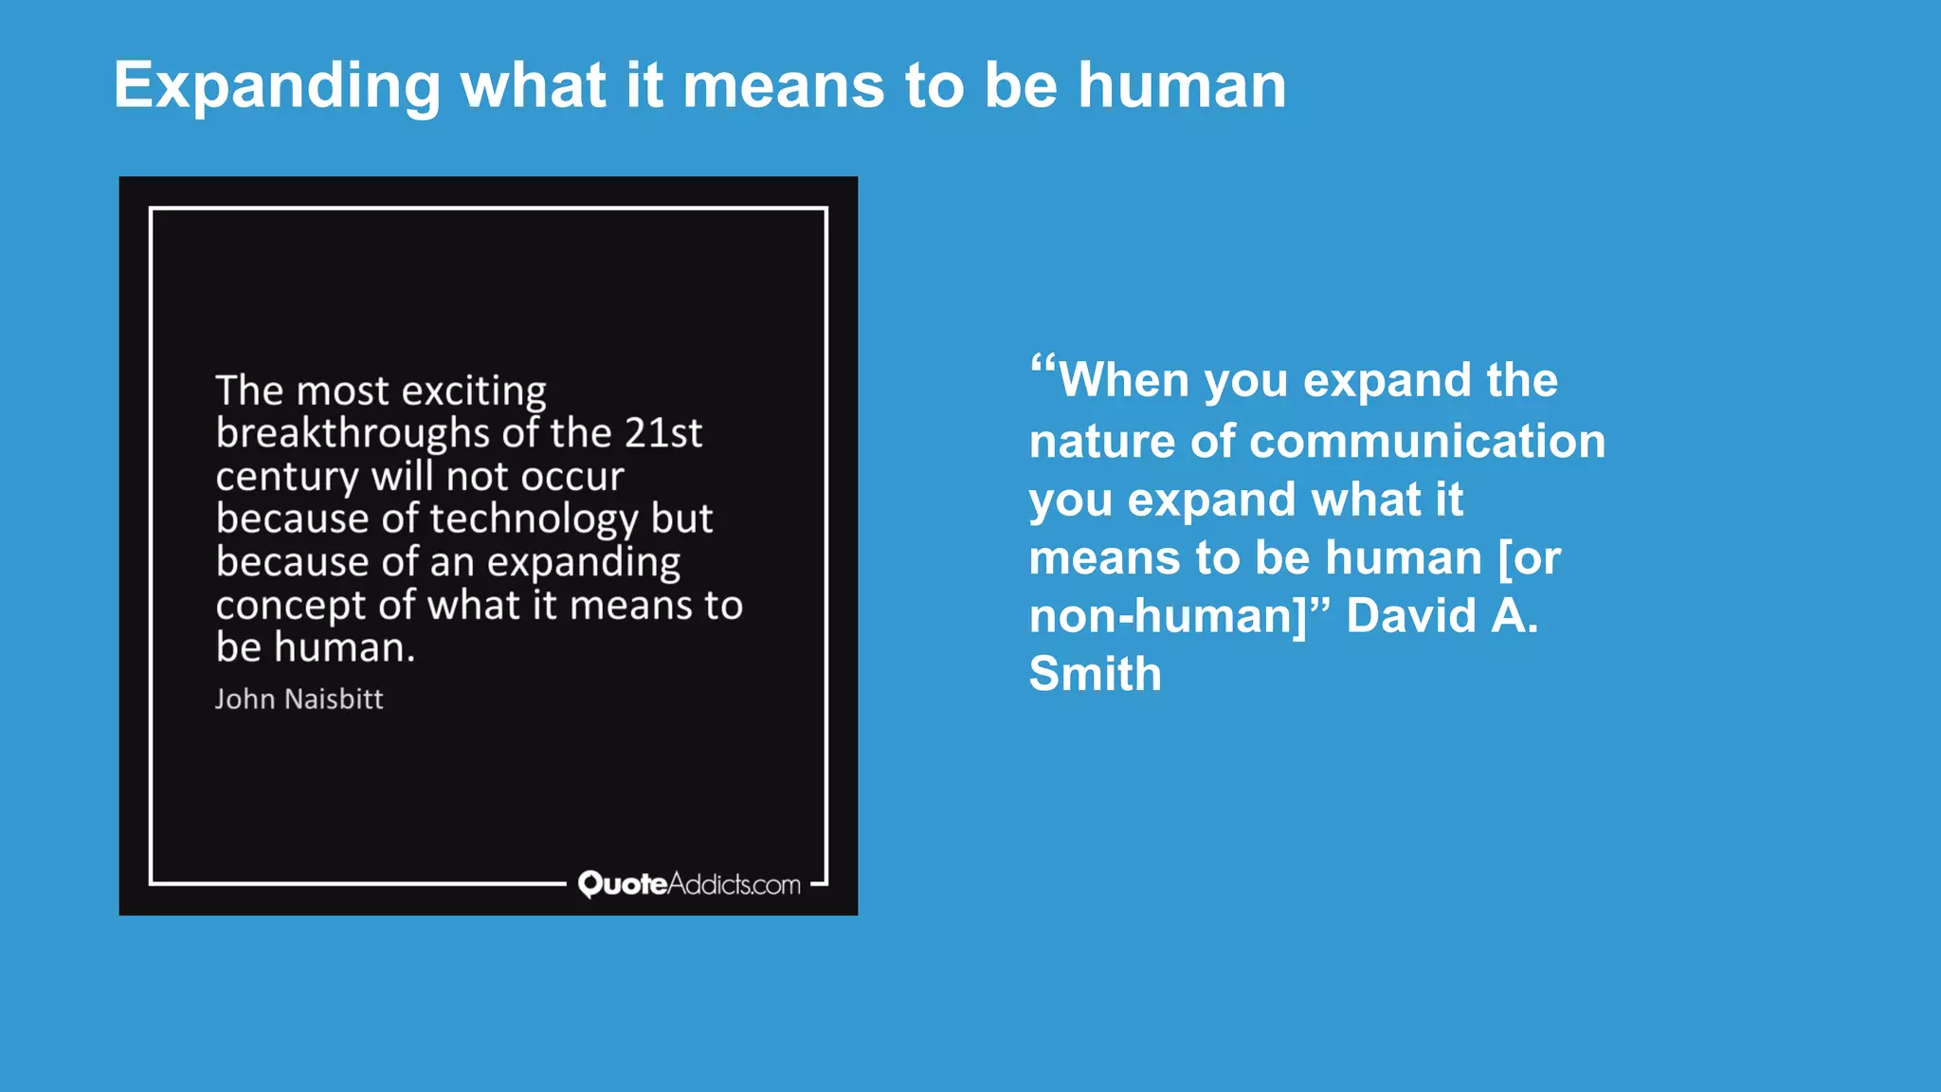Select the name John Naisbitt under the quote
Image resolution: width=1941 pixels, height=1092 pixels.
tap(299, 700)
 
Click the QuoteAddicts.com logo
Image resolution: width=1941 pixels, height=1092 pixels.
tap(689, 883)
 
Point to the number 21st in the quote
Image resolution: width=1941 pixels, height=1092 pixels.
tap(662, 433)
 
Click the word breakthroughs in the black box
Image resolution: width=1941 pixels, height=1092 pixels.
tap(352, 433)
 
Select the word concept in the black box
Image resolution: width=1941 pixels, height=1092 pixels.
tap(290, 606)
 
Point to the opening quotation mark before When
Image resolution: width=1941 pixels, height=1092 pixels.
tap(1043, 365)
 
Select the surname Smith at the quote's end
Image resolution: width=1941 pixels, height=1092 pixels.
tap(1095, 674)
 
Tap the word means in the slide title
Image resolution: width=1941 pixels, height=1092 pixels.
tap(783, 85)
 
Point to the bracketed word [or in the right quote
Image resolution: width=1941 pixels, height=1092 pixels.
tap(1529, 558)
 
